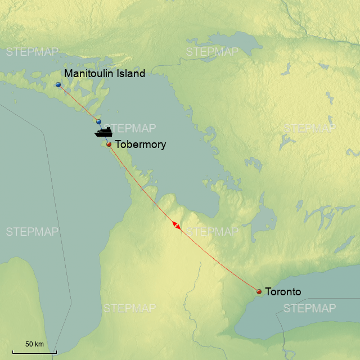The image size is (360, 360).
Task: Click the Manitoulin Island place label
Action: (x=105, y=73)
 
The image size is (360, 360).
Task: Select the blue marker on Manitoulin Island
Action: (x=58, y=85)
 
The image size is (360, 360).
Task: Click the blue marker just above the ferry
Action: (x=99, y=121)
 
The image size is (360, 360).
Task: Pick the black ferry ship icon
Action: (x=103, y=132)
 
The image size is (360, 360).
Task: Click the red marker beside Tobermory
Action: (x=109, y=145)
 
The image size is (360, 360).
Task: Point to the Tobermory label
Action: (x=140, y=145)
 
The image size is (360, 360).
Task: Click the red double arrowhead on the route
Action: (x=177, y=225)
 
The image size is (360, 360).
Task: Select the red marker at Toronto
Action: (x=259, y=291)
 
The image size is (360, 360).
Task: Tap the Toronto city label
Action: (x=283, y=292)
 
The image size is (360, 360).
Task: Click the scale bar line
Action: (x=34, y=353)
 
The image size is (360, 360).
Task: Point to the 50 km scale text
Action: (x=34, y=344)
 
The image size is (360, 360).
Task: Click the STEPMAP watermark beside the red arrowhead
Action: (x=212, y=232)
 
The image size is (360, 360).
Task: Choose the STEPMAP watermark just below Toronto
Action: (x=309, y=308)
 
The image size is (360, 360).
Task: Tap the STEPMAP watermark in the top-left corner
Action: (x=32, y=52)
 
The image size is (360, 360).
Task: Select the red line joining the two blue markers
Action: (x=79, y=103)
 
